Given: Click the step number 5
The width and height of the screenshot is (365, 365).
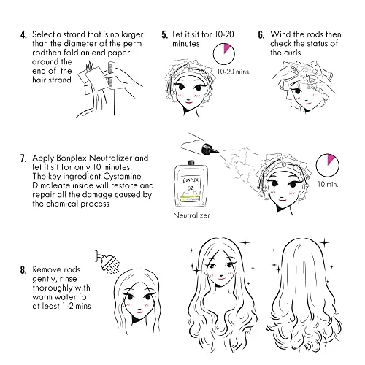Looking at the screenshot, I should tap(165, 34).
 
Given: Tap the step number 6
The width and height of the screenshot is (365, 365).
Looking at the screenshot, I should tap(261, 34).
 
